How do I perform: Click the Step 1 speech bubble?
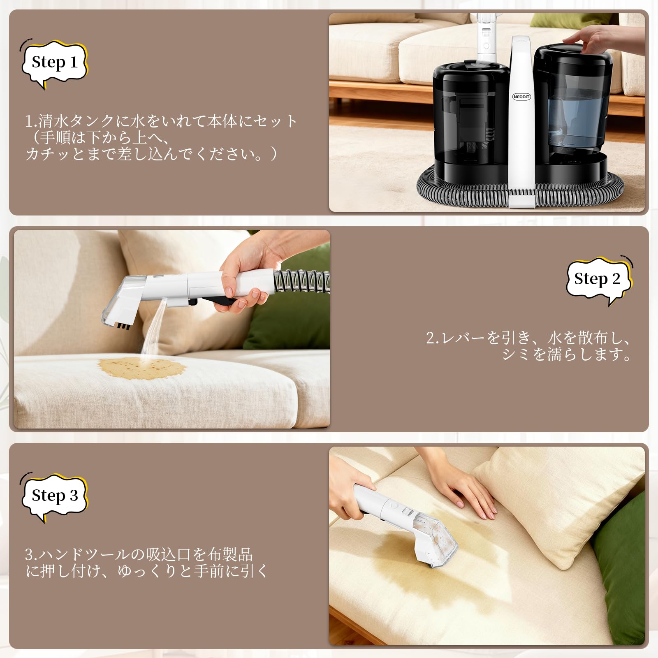point(55,63)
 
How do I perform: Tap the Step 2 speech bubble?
point(598,279)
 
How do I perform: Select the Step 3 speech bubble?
point(55,496)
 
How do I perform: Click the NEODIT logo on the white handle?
point(521,97)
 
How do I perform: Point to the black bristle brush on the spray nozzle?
point(124,326)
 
